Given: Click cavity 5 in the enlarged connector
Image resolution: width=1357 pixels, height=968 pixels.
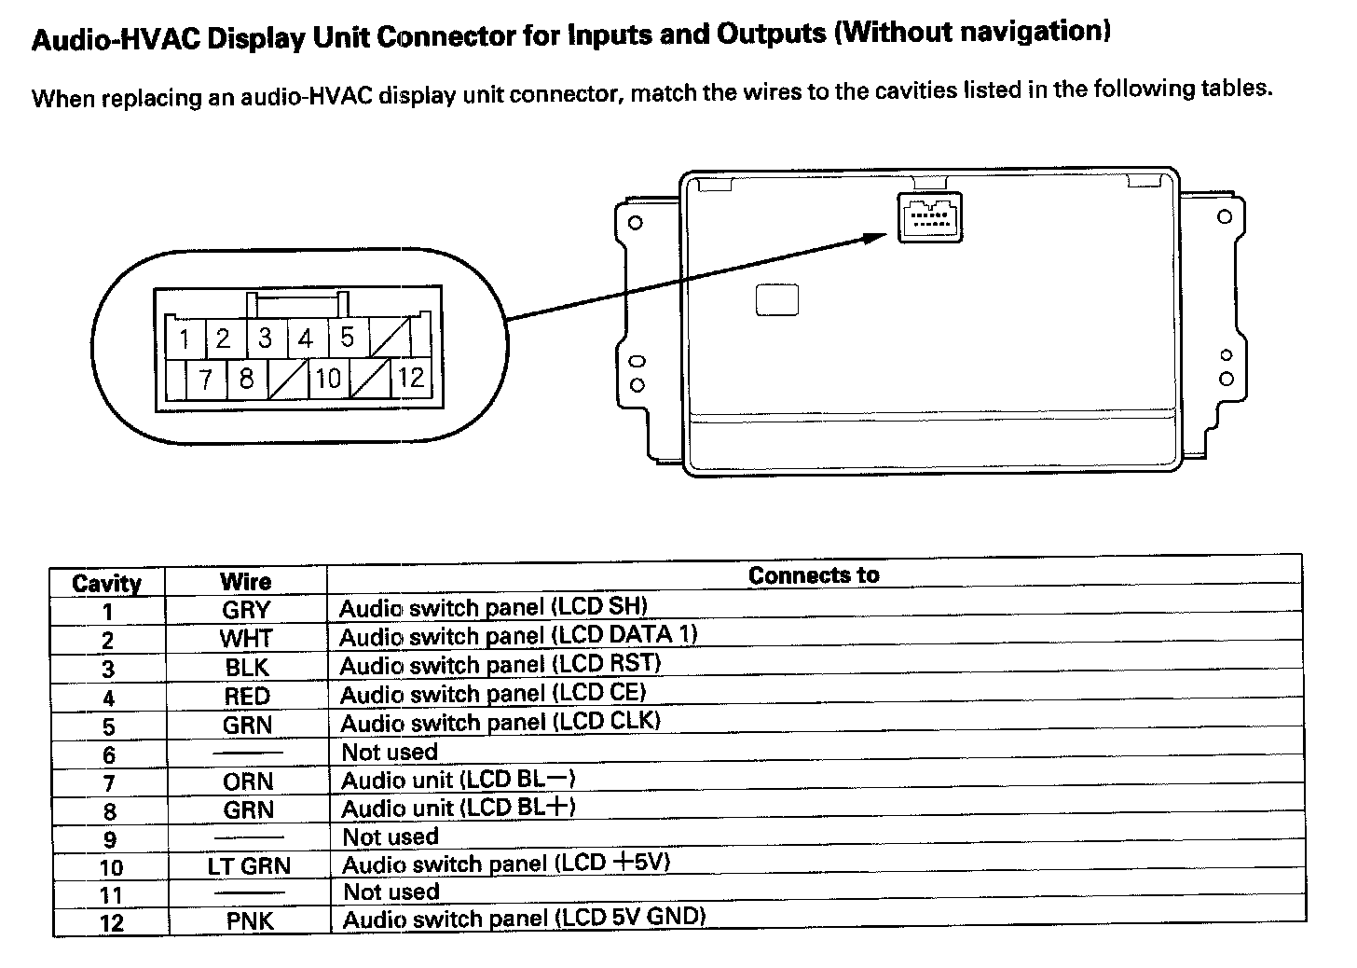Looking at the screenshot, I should [348, 337].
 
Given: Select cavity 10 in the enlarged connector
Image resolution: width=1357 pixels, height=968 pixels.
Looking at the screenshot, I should [327, 379].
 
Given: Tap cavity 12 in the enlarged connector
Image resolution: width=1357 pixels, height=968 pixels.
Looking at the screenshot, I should [411, 377].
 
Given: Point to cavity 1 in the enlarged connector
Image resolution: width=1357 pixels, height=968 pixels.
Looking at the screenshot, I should [185, 339].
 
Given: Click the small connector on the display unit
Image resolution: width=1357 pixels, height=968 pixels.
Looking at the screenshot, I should [929, 217].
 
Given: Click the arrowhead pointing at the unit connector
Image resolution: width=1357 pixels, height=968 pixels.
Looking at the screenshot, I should [876, 237].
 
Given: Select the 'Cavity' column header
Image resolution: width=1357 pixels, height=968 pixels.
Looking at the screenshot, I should [107, 584].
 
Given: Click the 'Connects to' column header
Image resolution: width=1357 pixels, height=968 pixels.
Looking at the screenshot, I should [814, 574].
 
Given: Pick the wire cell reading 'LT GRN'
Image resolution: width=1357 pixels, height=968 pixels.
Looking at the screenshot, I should [249, 866].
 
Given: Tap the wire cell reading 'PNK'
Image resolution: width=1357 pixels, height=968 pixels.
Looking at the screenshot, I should [250, 921].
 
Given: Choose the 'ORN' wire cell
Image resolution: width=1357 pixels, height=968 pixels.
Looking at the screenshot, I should [248, 781].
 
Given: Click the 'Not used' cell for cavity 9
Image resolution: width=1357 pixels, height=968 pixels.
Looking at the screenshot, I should [391, 837].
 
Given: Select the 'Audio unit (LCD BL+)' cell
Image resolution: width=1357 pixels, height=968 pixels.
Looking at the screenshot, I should [459, 808].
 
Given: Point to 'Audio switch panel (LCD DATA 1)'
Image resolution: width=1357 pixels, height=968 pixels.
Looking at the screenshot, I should [518, 637].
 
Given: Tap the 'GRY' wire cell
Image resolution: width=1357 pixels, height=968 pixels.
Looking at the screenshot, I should [246, 611].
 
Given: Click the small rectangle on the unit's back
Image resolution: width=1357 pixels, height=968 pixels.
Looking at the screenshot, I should [777, 299].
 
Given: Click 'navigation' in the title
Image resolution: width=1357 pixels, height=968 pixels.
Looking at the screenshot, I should [1036, 33].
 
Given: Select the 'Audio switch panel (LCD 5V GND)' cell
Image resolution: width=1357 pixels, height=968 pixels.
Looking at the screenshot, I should [524, 919].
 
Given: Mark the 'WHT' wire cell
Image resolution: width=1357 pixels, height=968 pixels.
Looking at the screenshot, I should [246, 639].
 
